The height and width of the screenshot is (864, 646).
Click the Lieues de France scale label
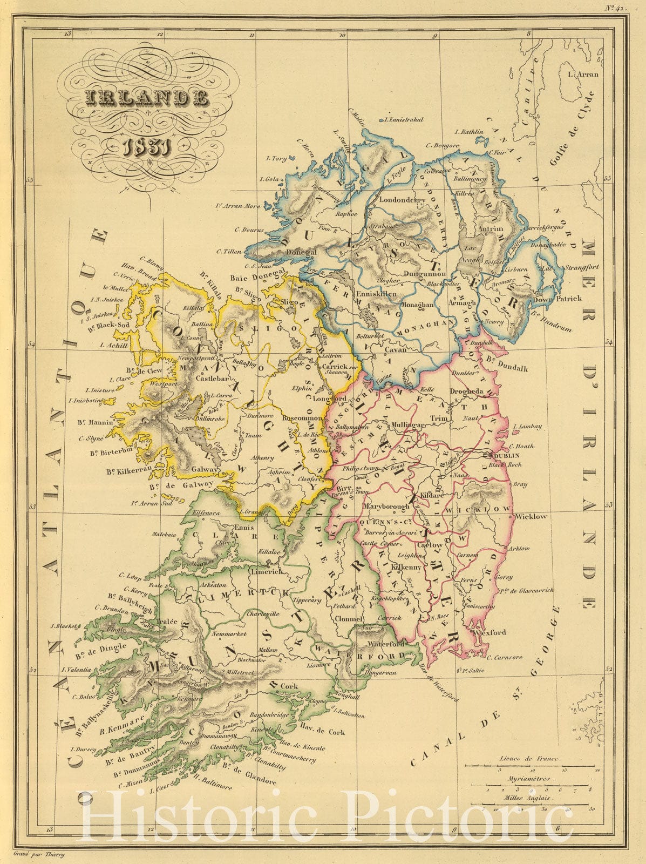click(x=530, y=759)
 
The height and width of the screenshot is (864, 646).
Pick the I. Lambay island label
click(x=529, y=427)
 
